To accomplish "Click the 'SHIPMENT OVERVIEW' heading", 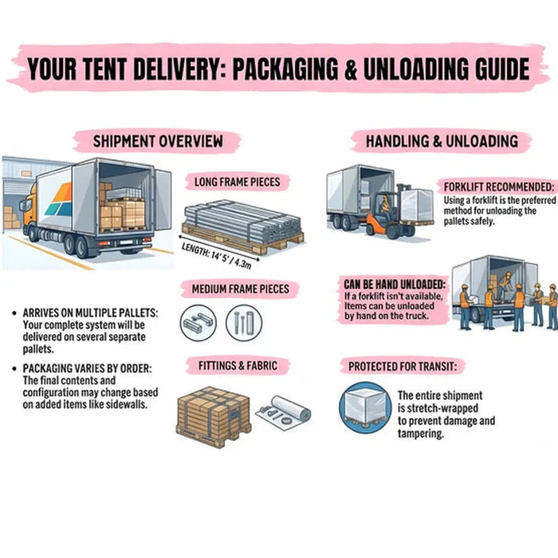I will [157, 141].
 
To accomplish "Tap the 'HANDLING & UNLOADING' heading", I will [441, 142].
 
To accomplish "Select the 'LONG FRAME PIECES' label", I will [237, 182].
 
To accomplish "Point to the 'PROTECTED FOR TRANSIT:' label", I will [407, 367].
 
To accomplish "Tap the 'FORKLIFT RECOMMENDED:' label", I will [498, 187].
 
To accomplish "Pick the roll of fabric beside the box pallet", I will [287, 411].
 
